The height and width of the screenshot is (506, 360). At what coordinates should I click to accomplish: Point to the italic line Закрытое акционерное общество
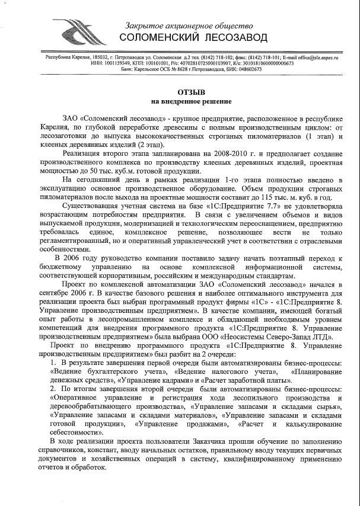point(189,25)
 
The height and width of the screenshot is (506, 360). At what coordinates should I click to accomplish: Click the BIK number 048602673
point(246,69)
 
